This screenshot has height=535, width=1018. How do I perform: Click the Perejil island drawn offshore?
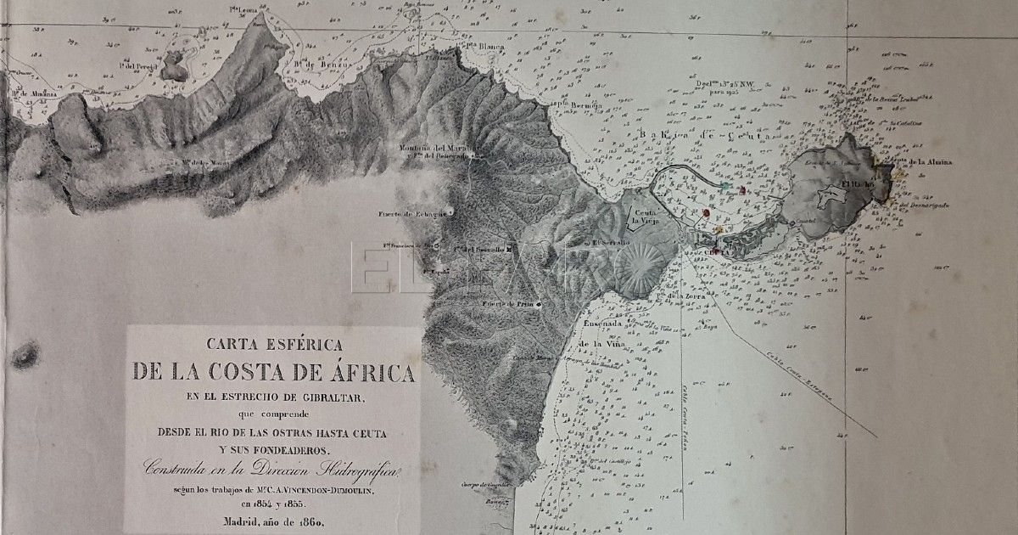[x=174, y=66]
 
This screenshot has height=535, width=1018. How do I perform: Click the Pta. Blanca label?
[x=485, y=47]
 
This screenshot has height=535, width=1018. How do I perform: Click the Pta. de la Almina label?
[x=920, y=161]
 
